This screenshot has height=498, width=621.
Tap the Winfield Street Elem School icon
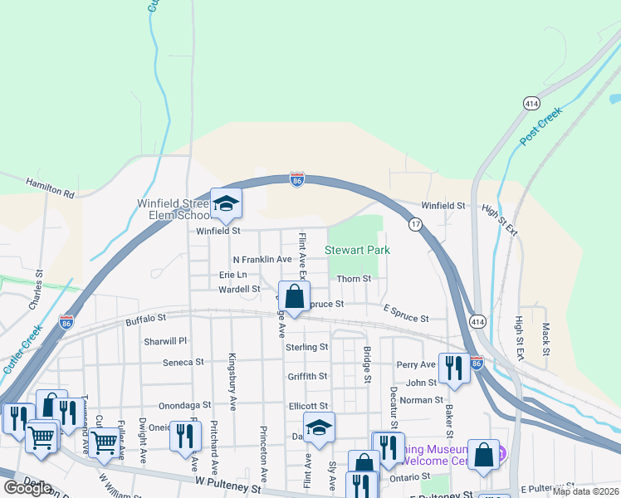[x=225, y=203]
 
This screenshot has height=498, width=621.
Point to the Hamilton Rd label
[x=50, y=188]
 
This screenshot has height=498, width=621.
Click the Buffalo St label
[x=146, y=318]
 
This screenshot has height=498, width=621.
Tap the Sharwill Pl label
[x=166, y=341]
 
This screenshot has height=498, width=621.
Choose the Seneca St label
[x=183, y=363]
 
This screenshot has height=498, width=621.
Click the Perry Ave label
[x=416, y=364]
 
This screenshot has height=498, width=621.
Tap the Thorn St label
[x=353, y=279]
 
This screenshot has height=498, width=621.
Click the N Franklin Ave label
[x=262, y=260]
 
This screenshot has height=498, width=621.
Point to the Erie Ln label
[x=232, y=275]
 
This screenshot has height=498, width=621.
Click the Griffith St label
[x=307, y=376]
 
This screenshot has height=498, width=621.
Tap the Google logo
[x=27, y=488]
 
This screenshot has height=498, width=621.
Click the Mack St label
[x=545, y=334]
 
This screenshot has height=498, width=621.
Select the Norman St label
[x=423, y=400]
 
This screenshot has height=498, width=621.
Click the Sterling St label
[x=307, y=347]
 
